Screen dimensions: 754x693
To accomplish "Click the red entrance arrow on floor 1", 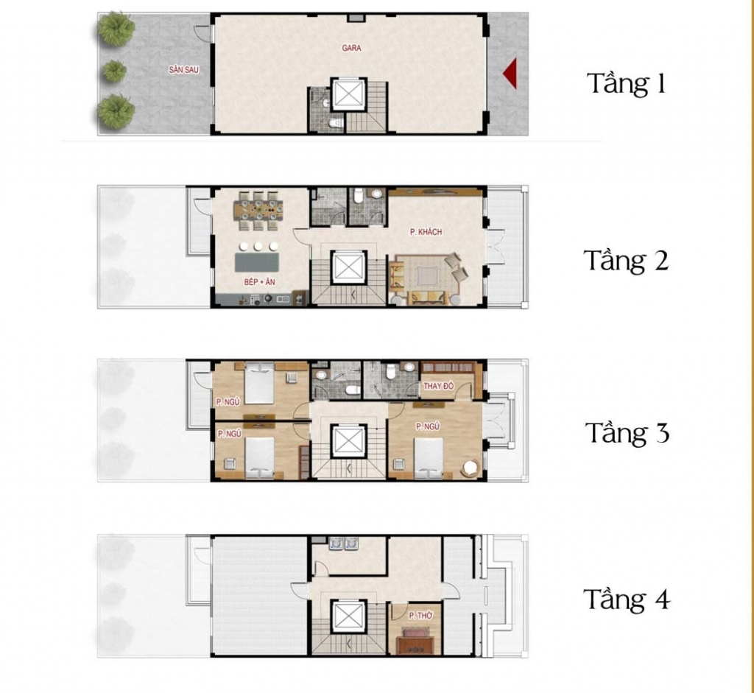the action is (x=511, y=74).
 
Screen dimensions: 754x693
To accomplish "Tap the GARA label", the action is (x=351, y=48).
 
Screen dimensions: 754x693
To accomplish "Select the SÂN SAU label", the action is (x=183, y=70).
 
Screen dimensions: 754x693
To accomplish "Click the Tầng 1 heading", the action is (x=626, y=83).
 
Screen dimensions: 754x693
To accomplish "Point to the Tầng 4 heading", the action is (x=627, y=599).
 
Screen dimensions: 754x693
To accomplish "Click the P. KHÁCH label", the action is (x=426, y=232).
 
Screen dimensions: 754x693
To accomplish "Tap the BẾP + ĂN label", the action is (x=260, y=282).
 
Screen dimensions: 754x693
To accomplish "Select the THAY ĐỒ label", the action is (x=439, y=386).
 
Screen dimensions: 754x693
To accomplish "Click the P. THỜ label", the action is (x=420, y=616).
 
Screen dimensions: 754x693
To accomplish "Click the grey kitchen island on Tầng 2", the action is (x=257, y=263).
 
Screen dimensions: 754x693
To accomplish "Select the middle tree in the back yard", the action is (x=115, y=71).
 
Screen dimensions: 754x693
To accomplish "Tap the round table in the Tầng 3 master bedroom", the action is (x=470, y=468).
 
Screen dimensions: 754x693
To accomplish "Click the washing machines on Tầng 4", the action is (x=343, y=544).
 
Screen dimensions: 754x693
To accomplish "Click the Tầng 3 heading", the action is (x=627, y=432).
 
